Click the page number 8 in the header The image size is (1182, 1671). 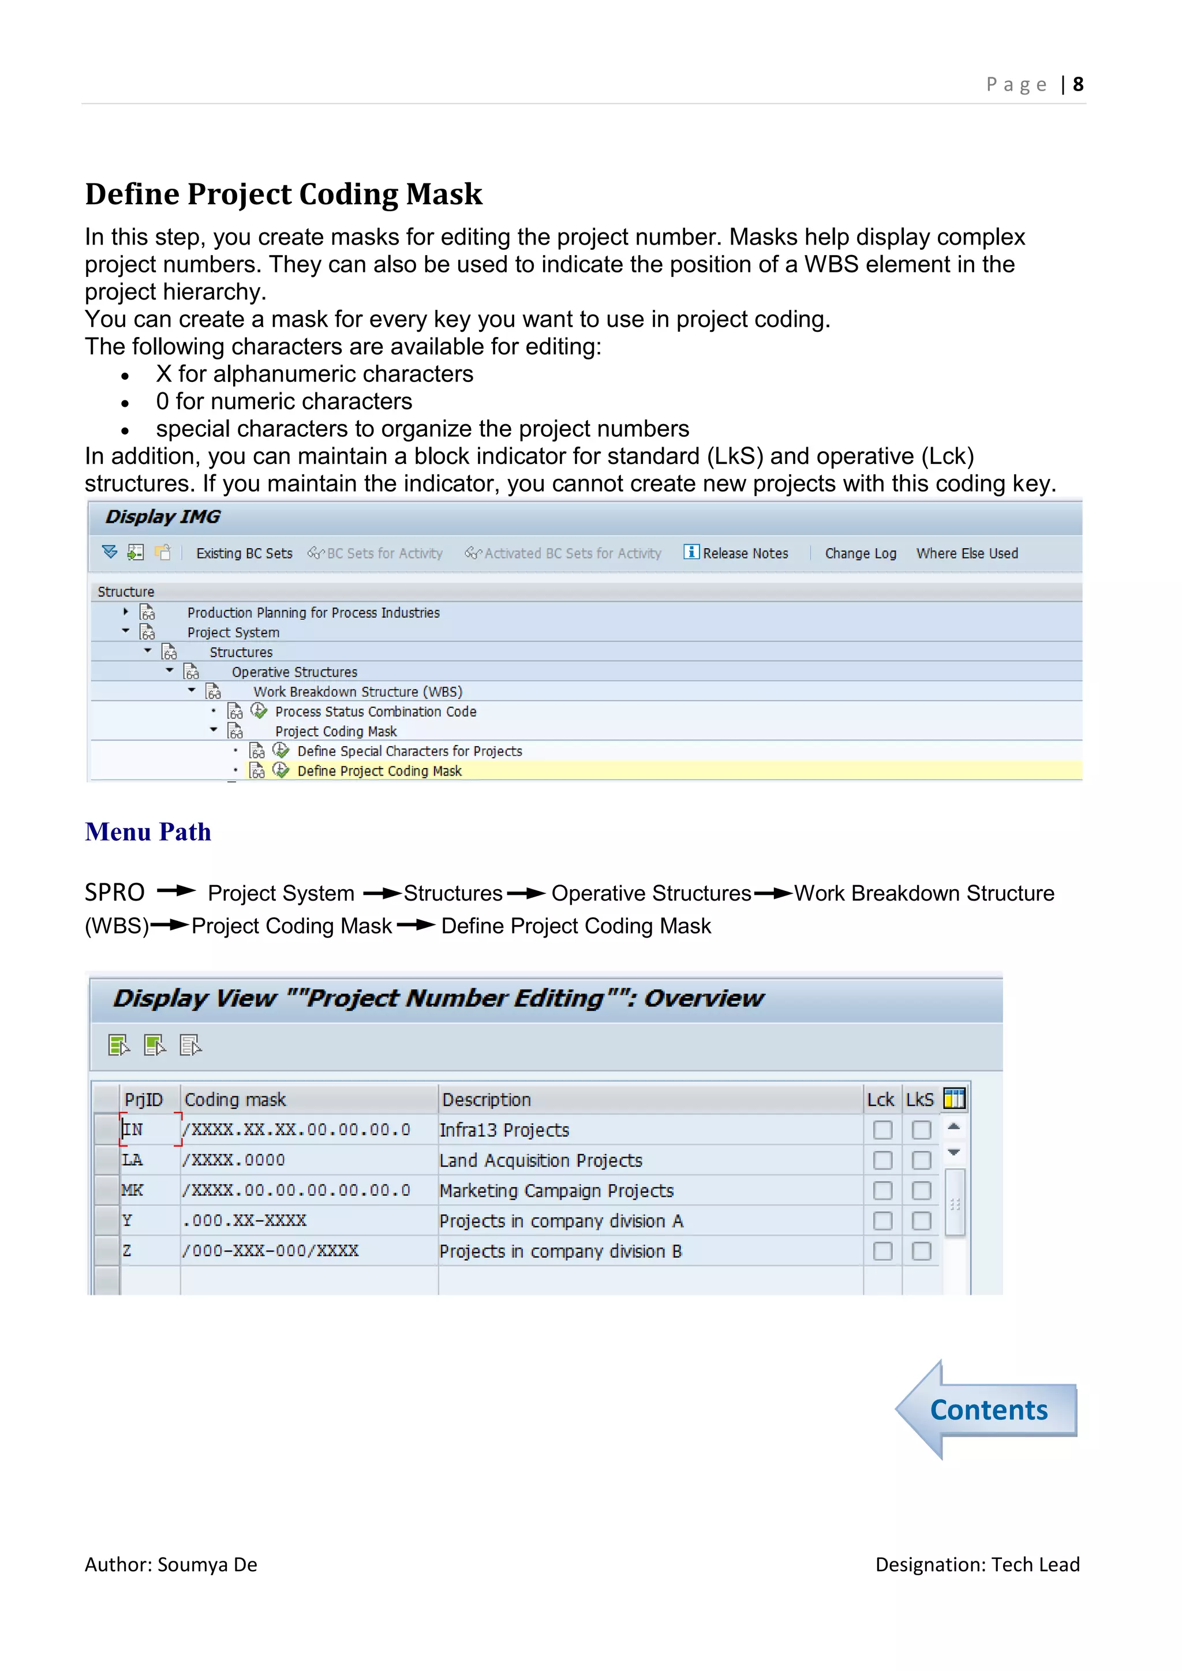tap(1078, 84)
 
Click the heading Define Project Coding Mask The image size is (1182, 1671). tap(283, 194)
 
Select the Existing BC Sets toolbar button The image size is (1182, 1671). tap(244, 553)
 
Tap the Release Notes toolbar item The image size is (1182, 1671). tap(745, 553)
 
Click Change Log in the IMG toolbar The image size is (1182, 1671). tap(861, 553)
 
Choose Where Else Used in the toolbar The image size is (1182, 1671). tap(967, 553)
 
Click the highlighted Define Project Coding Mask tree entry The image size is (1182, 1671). tap(379, 771)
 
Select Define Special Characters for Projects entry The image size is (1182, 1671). tap(409, 751)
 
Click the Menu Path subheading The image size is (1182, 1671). tap(148, 832)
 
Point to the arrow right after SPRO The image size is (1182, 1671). tap(176, 891)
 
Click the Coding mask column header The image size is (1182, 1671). tap(235, 1099)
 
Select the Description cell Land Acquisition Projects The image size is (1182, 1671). tap(541, 1160)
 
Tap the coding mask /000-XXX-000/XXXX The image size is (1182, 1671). tap(270, 1251)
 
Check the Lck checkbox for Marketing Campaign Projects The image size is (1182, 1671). tap(882, 1191)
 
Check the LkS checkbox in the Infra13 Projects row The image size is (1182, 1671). tap(922, 1130)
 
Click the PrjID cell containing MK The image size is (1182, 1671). tap(133, 1191)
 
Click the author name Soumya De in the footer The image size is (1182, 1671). tap(207, 1565)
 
